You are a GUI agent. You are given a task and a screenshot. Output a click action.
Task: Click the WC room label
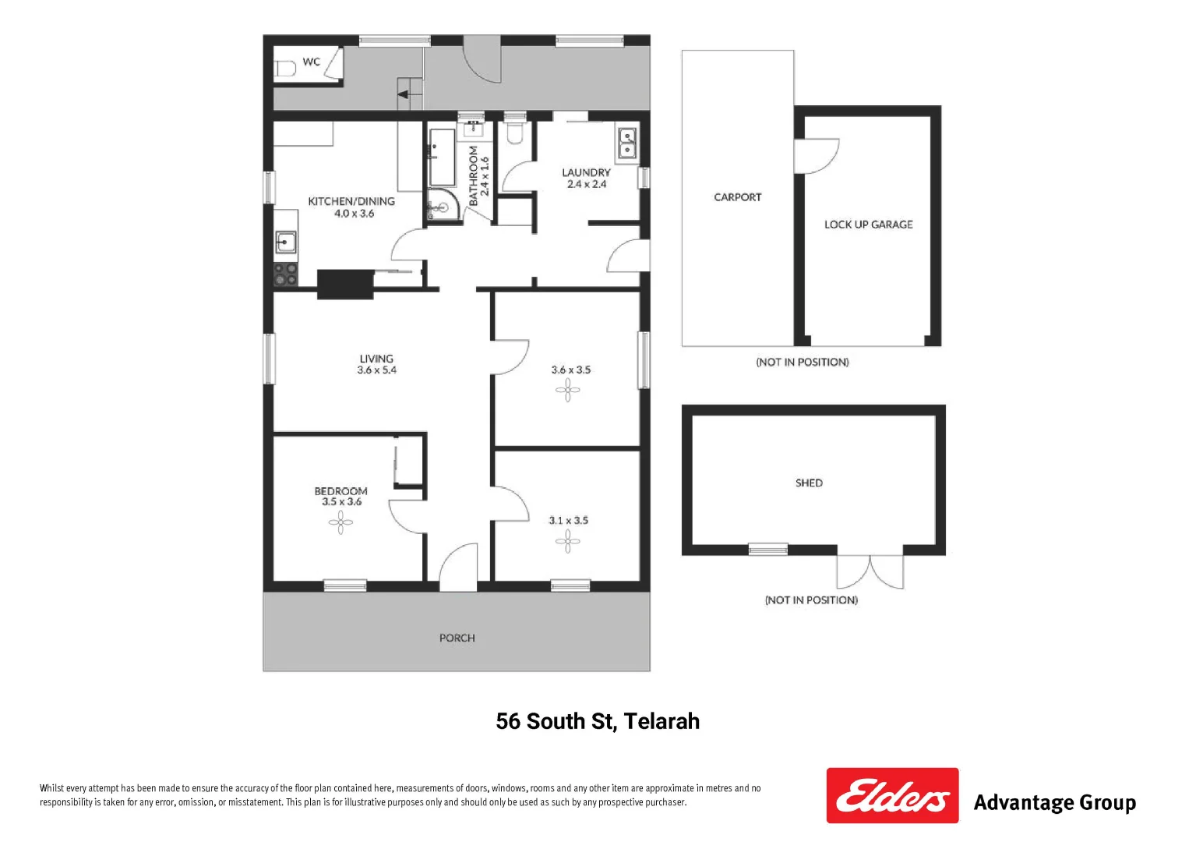pos(311,62)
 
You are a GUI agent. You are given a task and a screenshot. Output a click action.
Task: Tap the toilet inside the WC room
pos(284,68)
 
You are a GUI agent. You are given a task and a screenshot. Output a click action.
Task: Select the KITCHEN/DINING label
pos(351,201)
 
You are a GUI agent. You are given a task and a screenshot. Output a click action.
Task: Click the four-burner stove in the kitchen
pos(286,274)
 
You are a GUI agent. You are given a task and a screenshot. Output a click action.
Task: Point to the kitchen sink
pos(286,242)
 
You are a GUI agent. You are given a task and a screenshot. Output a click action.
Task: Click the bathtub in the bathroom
pos(442,157)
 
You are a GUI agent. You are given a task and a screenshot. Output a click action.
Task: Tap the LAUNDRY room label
pos(586,172)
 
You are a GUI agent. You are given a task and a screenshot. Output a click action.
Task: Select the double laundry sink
pos(626,143)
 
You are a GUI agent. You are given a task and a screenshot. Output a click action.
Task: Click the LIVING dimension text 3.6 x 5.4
pos(376,370)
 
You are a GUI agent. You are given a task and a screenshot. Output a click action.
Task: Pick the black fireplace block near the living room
pos(345,284)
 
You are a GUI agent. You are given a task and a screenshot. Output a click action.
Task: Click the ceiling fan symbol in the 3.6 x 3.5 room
pos(567,390)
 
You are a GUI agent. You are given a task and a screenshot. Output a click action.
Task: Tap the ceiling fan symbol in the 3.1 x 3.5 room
pos(568,540)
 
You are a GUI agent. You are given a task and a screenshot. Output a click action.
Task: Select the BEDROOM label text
pos(340,491)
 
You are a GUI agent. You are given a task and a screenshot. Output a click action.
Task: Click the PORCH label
pos(457,638)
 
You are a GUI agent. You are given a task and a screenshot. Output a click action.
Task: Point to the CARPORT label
pos(737,197)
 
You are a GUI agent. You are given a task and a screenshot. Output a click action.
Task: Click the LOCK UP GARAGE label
pos(868,225)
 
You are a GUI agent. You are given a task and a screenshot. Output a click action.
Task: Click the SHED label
pos(809,483)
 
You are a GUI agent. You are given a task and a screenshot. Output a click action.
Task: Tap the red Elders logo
pos(892,795)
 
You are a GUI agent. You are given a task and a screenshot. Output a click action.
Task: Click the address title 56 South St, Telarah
pos(598,721)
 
